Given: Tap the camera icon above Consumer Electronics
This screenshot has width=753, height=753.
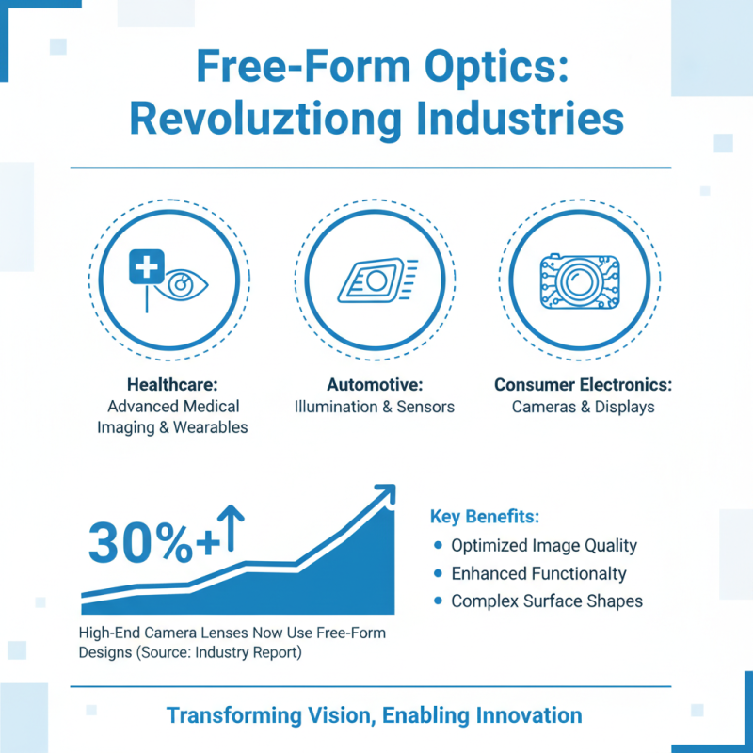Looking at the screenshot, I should tap(578, 281).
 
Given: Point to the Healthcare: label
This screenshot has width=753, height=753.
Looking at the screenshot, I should tap(173, 385).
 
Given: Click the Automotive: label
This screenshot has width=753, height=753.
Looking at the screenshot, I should tap(375, 385).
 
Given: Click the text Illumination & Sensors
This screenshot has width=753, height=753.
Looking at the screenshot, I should tap(375, 407).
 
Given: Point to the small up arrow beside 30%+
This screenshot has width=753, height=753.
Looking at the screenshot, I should tap(232, 528).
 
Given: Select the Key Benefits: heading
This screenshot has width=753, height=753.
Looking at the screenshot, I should tap(485, 517).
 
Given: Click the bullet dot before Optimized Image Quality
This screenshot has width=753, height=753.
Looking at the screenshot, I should tap(438, 546).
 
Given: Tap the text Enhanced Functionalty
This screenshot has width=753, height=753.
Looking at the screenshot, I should tap(538, 573).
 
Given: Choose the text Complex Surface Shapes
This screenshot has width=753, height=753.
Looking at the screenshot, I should tap(547, 601).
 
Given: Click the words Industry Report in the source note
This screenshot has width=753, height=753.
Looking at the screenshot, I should tap(253, 652).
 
